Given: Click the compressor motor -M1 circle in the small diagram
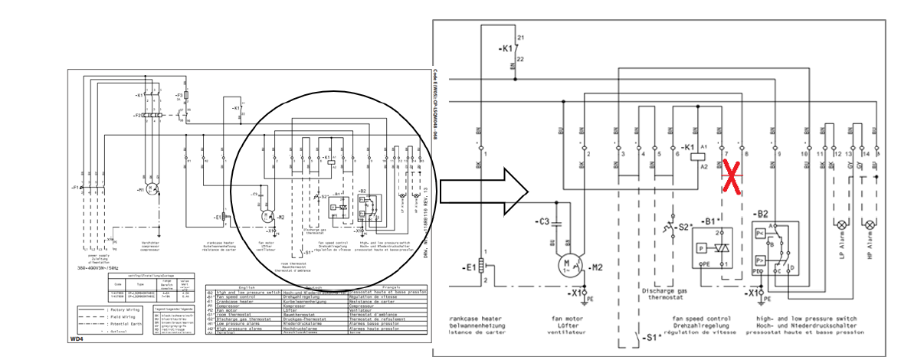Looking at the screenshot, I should [152, 188].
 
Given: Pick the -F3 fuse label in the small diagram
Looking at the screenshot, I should [180, 96].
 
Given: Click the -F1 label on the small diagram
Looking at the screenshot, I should [74, 187].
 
